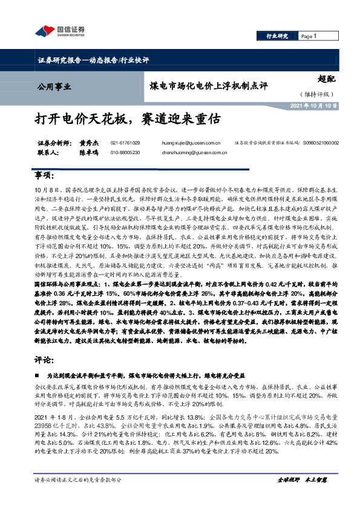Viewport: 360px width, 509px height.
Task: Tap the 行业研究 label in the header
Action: click(278, 36)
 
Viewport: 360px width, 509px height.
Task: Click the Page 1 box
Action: click(312, 36)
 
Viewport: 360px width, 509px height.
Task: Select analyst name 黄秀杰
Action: click(88, 143)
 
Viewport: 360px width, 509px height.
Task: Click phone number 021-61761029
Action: click(125, 143)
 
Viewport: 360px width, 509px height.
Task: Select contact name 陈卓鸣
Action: click(88, 154)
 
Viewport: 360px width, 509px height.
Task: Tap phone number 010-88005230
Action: click(125, 154)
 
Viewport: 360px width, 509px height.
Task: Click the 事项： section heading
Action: click(45, 176)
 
